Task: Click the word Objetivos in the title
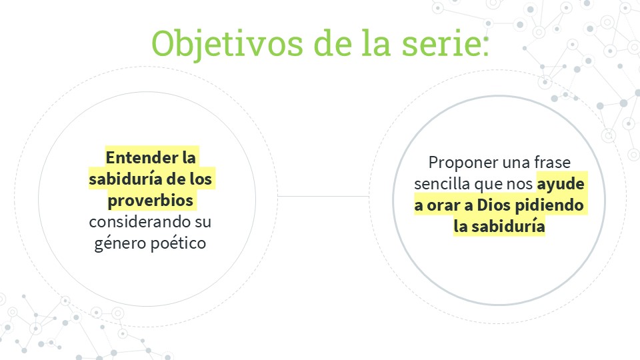pos(227,44)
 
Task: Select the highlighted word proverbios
pos(150,201)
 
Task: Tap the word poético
pos(179,243)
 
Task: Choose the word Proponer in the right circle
pos(463,163)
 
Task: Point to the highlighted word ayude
pos(561,185)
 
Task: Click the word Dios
pos(494,205)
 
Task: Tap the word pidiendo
pos(549,205)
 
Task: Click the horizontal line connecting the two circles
pos(323,196)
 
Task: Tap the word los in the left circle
pos(201,179)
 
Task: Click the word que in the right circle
pos(488,185)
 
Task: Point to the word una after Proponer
pos(516,163)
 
